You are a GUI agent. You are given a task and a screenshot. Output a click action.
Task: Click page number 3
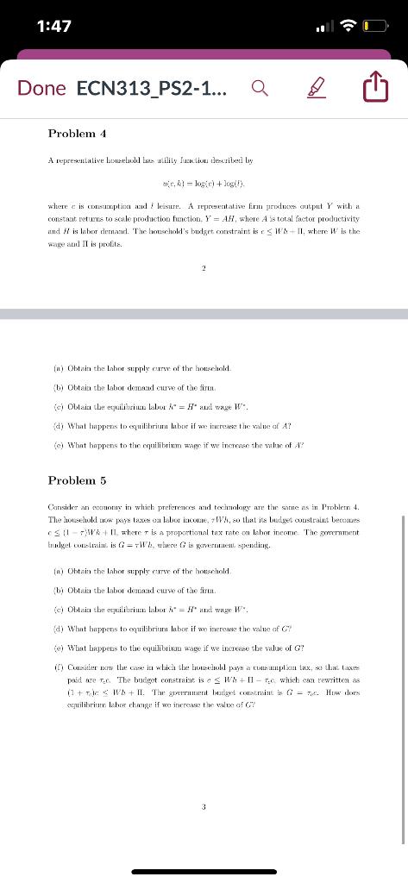204,807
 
